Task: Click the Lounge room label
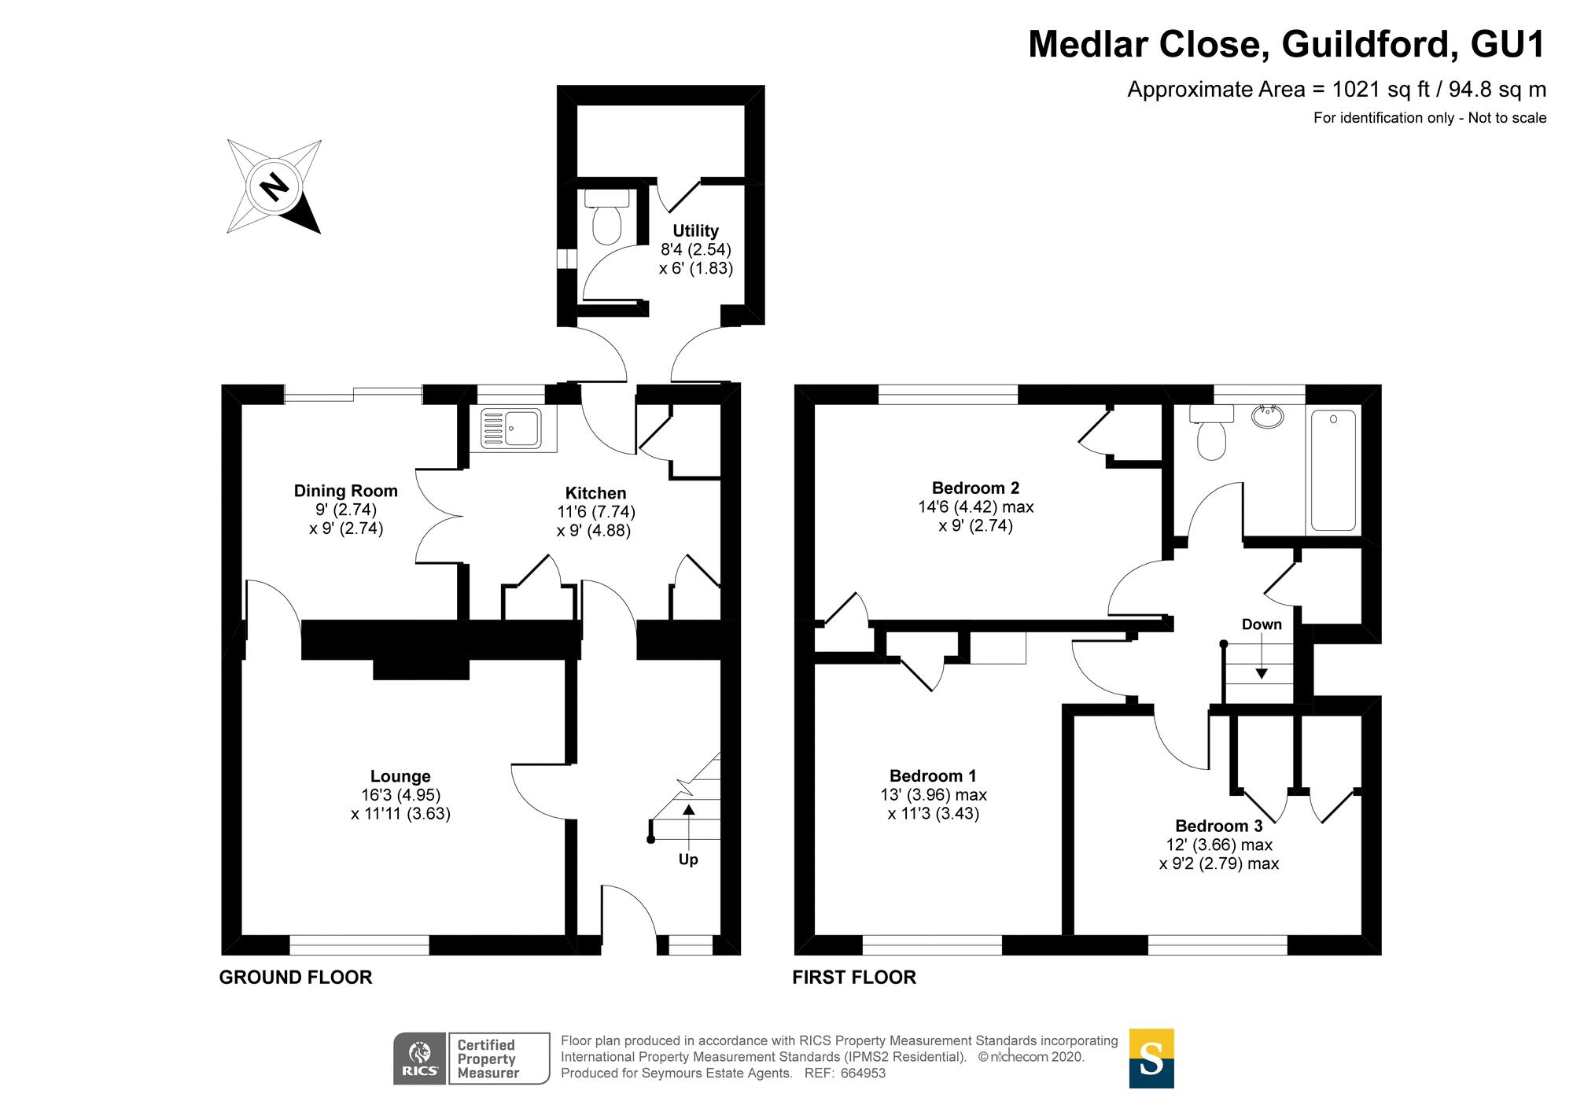pyautogui.click(x=400, y=776)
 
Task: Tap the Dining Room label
pyautogui.click(x=345, y=491)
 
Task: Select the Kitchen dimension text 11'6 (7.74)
pyautogui.click(x=595, y=512)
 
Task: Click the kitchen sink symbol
pyautogui.click(x=512, y=429)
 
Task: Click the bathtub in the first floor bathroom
pyautogui.click(x=1333, y=469)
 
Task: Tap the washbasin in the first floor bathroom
pyautogui.click(x=1266, y=416)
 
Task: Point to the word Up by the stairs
pyautogui.click(x=688, y=860)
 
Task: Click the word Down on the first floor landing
pyautogui.click(x=1262, y=624)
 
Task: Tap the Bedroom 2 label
pyautogui.click(x=975, y=488)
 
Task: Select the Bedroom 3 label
pyautogui.click(x=1218, y=826)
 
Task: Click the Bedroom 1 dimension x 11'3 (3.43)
pyautogui.click(x=934, y=814)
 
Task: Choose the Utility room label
pyautogui.click(x=695, y=230)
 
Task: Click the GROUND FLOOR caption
pyautogui.click(x=296, y=978)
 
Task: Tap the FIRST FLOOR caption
pyautogui.click(x=854, y=978)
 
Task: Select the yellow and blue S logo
pyautogui.click(x=1151, y=1059)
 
